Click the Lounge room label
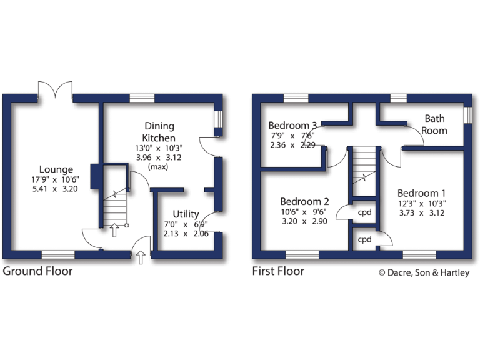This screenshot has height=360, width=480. (56, 169)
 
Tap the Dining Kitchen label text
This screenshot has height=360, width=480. (159, 132)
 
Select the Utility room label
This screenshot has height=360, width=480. (186, 214)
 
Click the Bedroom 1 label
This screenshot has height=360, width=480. (422, 193)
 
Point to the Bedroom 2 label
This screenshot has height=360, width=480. (304, 201)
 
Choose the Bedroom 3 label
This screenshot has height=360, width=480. (292, 124)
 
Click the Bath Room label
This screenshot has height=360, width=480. (434, 124)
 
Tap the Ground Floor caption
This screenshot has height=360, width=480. (37, 271)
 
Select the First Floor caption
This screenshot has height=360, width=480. (278, 271)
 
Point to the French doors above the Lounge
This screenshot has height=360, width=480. (56, 89)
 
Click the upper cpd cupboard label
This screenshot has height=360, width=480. (364, 212)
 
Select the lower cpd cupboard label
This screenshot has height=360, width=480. (364, 240)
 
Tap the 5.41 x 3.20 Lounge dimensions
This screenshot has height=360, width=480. (56, 189)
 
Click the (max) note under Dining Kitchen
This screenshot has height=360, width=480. (159, 167)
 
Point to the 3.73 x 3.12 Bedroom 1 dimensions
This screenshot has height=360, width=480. (422, 212)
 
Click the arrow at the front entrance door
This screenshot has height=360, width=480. (141, 256)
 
